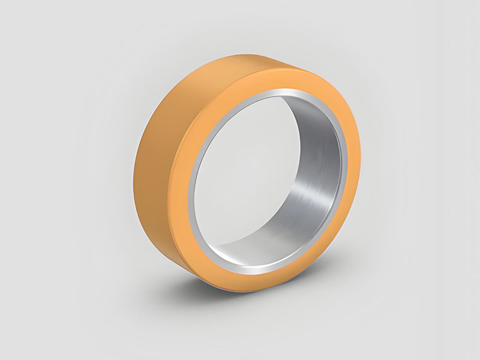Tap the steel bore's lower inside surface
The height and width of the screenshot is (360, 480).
(x=270, y=249)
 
